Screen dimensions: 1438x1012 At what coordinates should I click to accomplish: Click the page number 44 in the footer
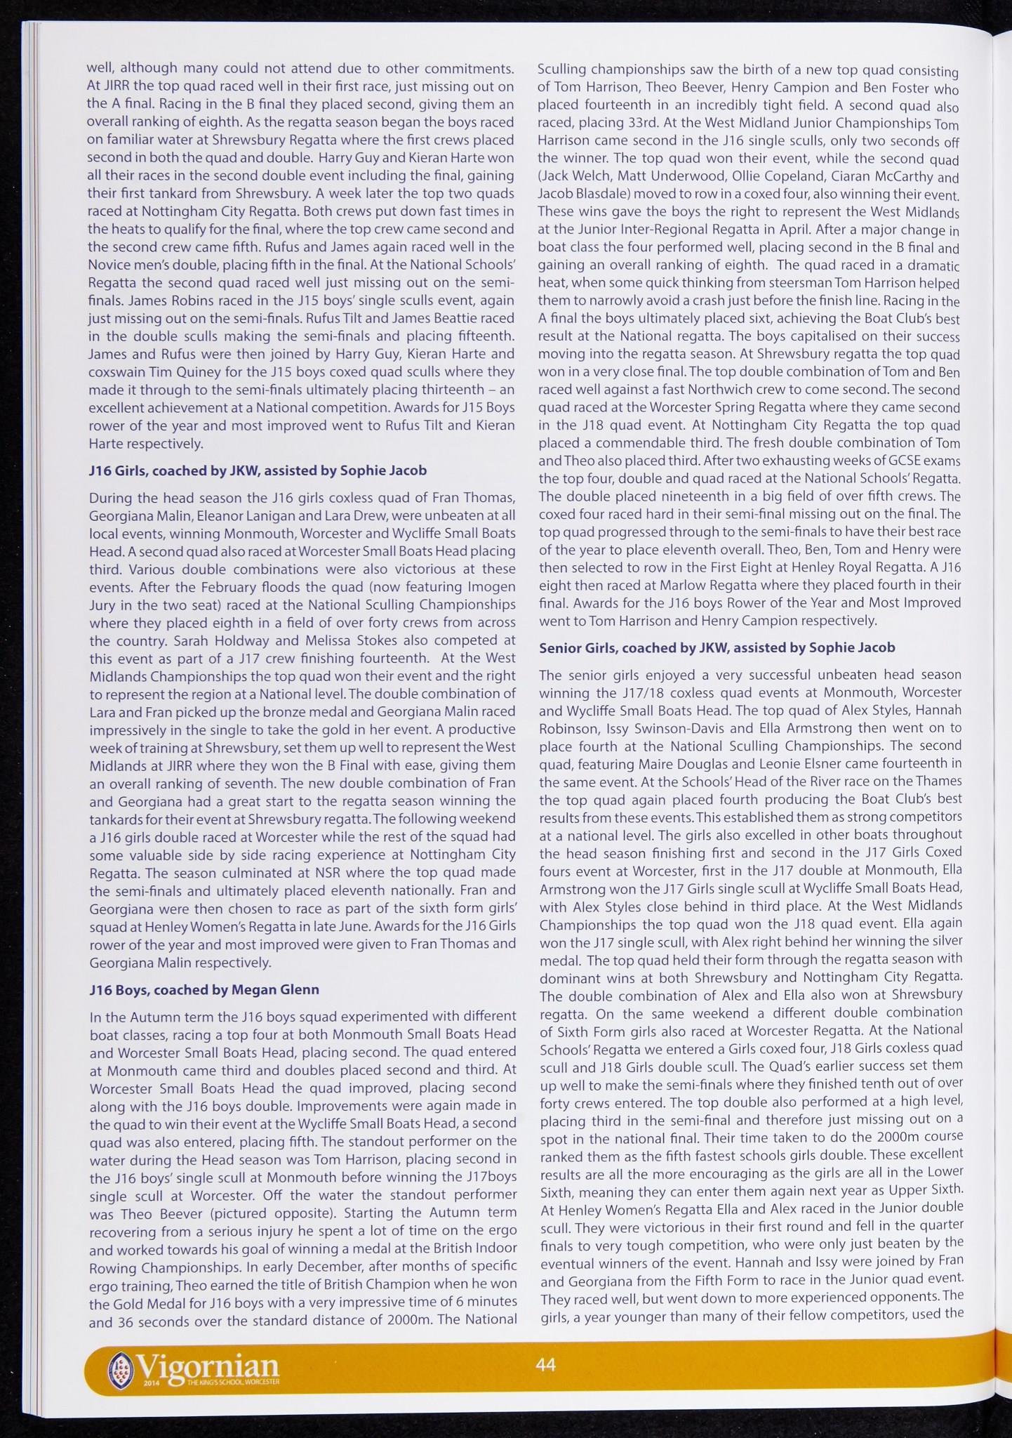pyautogui.click(x=545, y=1364)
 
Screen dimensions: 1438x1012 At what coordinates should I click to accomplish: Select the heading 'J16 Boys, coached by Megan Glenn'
pyautogui.click(x=204, y=989)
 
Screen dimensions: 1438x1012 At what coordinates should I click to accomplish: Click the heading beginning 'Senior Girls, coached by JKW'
pyautogui.click(x=717, y=647)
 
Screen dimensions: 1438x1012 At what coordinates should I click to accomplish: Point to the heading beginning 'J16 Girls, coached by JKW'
pyautogui.click(x=258, y=470)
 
